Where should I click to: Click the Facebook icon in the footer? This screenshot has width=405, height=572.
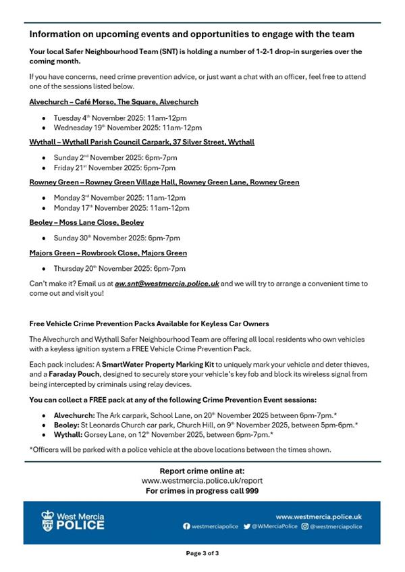(x=187, y=527)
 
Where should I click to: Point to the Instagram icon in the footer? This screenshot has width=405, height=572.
(x=304, y=527)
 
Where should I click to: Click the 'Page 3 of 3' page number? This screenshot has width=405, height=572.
(x=202, y=553)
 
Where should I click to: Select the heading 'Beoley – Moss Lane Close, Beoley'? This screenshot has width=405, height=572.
(x=86, y=222)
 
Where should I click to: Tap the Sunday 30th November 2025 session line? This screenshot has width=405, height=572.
(x=117, y=238)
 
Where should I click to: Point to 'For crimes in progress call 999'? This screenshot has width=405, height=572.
(x=202, y=491)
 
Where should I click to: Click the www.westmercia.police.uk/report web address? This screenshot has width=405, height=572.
(x=202, y=481)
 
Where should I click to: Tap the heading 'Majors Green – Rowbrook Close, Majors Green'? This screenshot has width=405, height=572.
(x=108, y=253)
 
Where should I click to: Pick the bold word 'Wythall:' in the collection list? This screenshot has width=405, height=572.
(x=68, y=436)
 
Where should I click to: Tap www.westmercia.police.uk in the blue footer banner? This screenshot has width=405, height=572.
(x=319, y=516)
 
